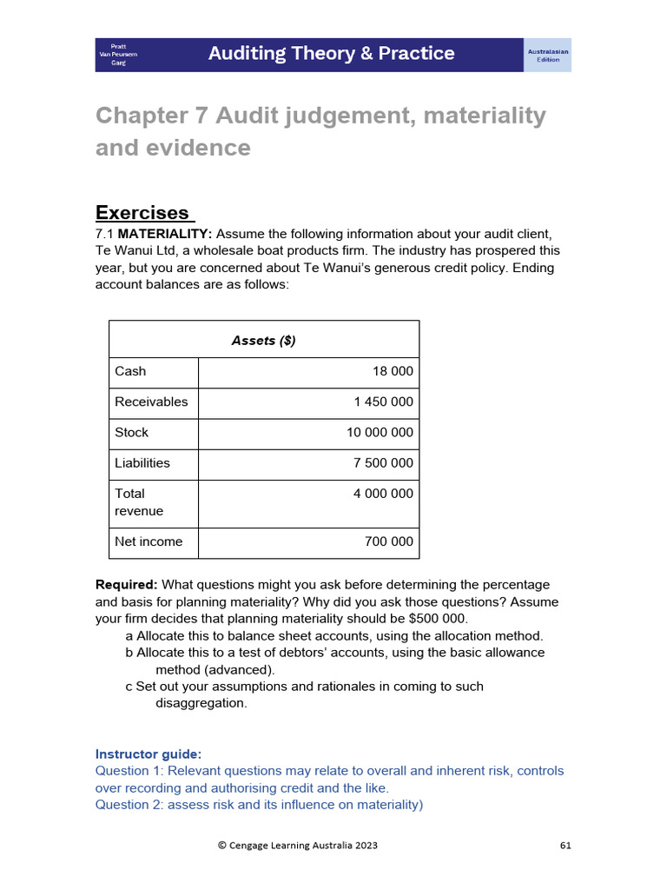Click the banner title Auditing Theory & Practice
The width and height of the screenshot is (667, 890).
pos(331,54)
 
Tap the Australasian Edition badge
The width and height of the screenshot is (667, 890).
pos(548,55)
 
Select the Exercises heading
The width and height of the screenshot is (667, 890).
pos(142,213)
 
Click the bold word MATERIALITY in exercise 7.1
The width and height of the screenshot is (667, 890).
pos(165,235)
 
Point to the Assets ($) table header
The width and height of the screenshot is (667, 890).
pos(263,341)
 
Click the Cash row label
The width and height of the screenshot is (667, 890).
pos(130,371)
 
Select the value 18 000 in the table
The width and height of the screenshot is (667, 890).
pos(393,371)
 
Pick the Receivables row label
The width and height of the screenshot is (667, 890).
pos(151,402)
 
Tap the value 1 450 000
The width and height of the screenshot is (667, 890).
pos(383,402)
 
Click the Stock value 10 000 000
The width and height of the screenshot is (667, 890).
pos(380,432)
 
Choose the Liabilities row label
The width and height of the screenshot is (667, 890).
pos(142,462)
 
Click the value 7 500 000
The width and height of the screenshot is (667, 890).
pos(383,462)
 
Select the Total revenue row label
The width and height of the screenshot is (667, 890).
pos(139,501)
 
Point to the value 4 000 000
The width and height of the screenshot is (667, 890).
pos(383,493)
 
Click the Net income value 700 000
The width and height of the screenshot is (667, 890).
pos(389,541)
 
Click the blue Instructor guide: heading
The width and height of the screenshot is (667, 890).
pos(149,754)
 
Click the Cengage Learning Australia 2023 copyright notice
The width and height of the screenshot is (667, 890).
pos(297,845)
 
